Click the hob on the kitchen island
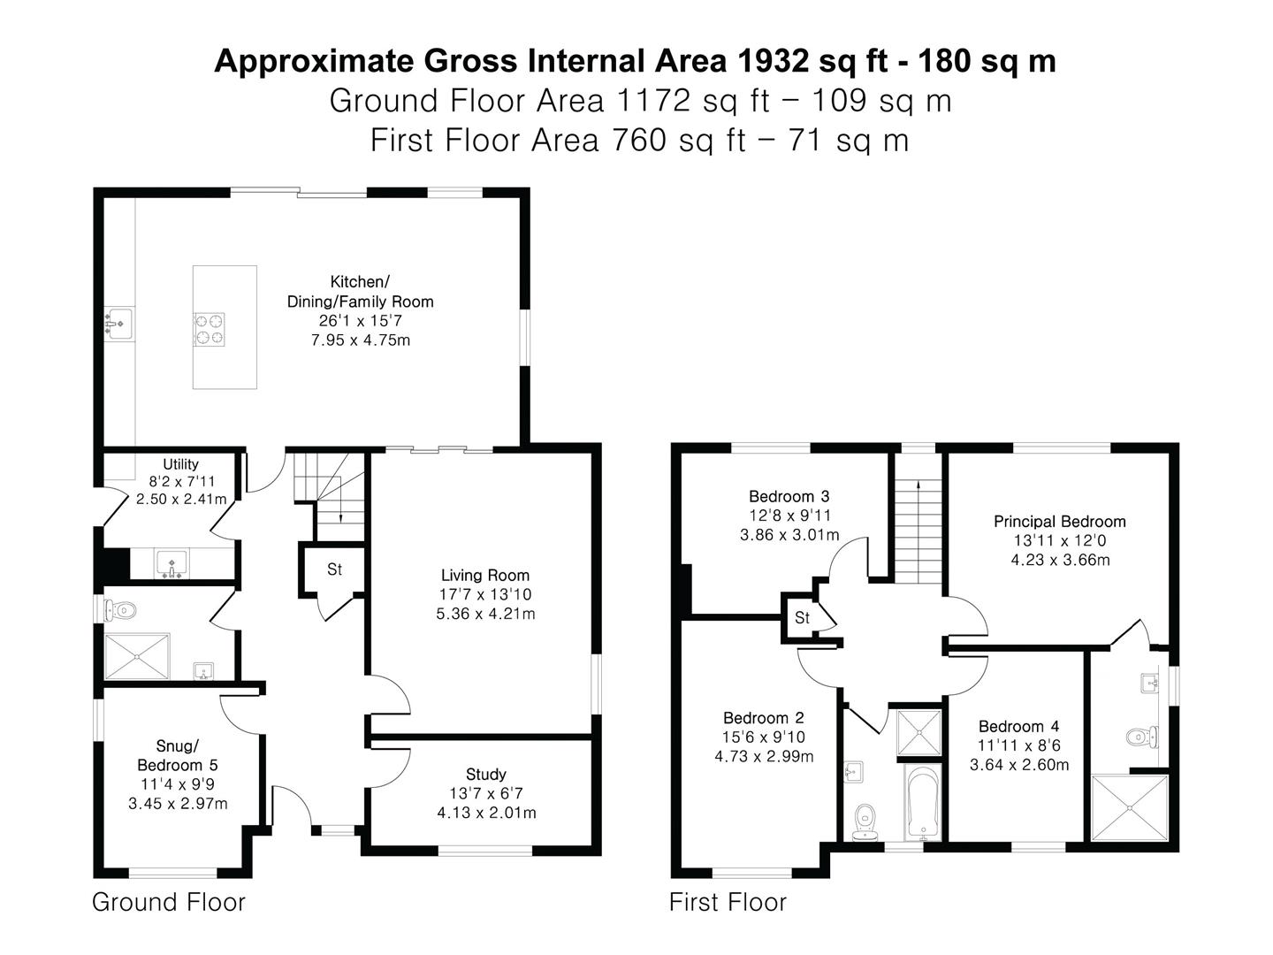pyautogui.click(x=209, y=329)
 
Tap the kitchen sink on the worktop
pyautogui.click(x=119, y=325)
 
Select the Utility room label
pyautogui.click(x=181, y=464)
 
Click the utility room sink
pyautogui.click(x=172, y=564)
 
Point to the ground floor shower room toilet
pyautogui.click(x=120, y=610)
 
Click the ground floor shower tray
pyautogui.click(x=137, y=656)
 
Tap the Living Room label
pyautogui.click(x=484, y=575)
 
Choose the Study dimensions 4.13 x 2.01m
pyautogui.click(x=486, y=813)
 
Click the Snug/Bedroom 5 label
pyautogui.click(x=178, y=755)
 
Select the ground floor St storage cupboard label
pyautogui.click(x=335, y=569)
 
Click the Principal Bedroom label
pyautogui.click(x=1060, y=522)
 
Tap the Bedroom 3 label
pyautogui.click(x=789, y=496)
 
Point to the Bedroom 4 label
pyautogui.click(x=1018, y=726)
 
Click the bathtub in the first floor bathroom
pyautogui.click(x=922, y=802)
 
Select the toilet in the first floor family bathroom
pyautogui.click(x=865, y=821)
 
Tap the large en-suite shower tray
pyautogui.click(x=1129, y=807)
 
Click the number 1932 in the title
pyautogui.click(x=768, y=61)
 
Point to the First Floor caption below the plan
pyautogui.click(x=728, y=902)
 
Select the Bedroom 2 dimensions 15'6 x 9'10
pyautogui.click(x=763, y=737)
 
